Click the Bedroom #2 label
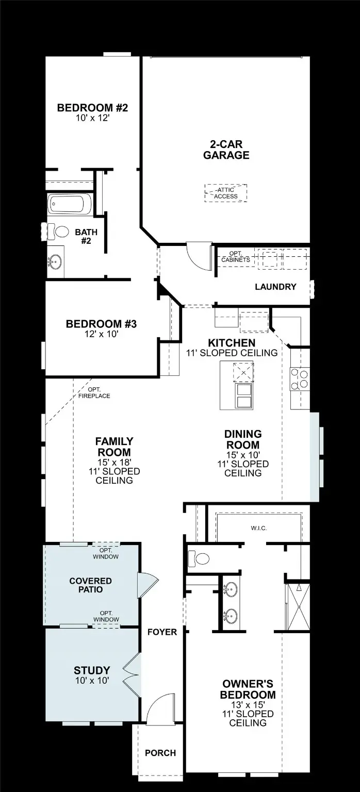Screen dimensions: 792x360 pyautogui.click(x=92, y=108)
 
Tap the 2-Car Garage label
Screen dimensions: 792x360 pyautogui.click(x=226, y=150)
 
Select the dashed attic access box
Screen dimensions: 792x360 pyautogui.click(x=226, y=193)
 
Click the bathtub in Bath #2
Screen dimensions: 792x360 pyautogui.click(x=69, y=205)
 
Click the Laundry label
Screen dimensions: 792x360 pyautogui.click(x=275, y=287)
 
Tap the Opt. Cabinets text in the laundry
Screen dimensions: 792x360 pyautogui.click(x=235, y=256)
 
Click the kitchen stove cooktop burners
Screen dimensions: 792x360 pyautogui.click(x=300, y=379)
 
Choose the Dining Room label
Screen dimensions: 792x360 pyautogui.click(x=242, y=439)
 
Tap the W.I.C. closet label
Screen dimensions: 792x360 pyautogui.click(x=259, y=529)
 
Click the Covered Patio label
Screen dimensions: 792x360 pyautogui.click(x=90, y=585)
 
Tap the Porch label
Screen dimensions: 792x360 pyautogui.click(x=160, y=753)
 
